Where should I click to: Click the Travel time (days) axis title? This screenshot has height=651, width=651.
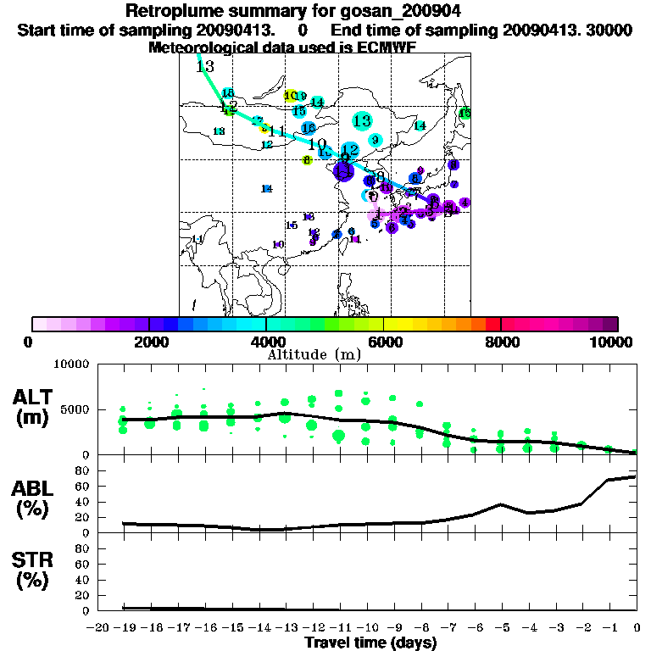[x=370, y=643]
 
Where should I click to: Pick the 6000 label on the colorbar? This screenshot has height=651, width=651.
[x=383, y=342]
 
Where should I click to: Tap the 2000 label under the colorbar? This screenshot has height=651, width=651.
[x=148, y=342]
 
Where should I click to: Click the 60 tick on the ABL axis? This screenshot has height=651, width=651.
[x=84, y=486]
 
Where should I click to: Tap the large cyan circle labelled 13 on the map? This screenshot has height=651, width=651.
[x=362, y=121]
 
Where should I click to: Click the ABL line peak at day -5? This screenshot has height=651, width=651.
[x=502, y=504]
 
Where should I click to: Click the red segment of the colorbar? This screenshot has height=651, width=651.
[x=492, y=324]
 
